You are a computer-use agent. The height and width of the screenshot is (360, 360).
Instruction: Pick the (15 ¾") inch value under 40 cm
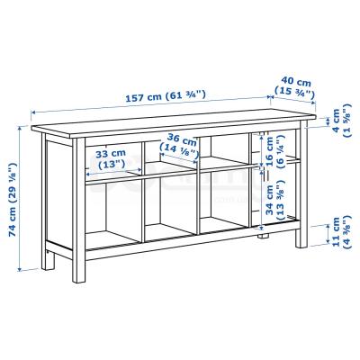click(x=295, y=93)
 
